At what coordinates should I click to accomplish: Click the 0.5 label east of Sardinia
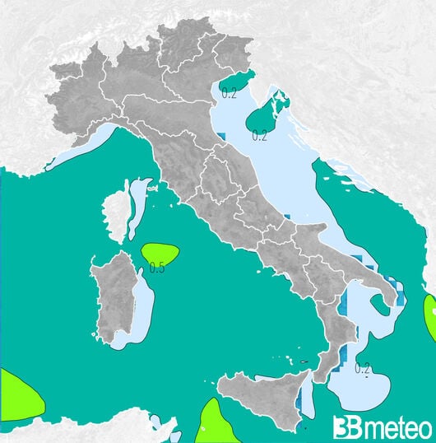point(156,267)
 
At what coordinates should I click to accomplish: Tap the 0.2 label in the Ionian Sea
point(363,368)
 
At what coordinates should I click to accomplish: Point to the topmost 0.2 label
point(229,93)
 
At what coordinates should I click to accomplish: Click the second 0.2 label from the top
point(260,136)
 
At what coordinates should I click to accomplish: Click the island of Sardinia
point(115,296)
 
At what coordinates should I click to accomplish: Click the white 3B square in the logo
point(344,427)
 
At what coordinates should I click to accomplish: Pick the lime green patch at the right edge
point(430,317)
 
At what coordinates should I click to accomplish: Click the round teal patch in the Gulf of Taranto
point(381,305)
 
